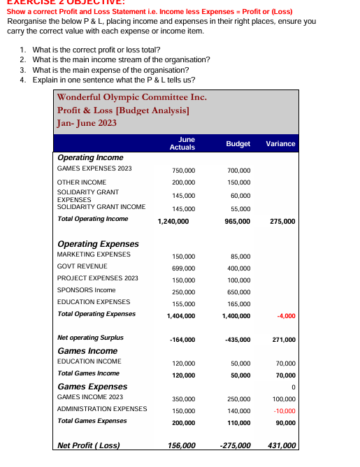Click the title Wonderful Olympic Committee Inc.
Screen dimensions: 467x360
131,97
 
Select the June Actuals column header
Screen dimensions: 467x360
182,143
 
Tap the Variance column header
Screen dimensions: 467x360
280,143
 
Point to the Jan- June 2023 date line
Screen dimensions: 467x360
87,123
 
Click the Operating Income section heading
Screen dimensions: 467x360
90,157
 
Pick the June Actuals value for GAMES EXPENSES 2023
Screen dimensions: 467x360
183,170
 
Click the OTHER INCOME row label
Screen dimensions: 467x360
81,182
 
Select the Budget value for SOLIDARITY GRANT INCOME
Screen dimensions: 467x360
239,208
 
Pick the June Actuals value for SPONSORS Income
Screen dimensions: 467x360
183,292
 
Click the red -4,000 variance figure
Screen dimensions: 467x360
286,316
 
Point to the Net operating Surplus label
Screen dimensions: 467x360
90,338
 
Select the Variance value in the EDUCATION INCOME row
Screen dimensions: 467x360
285,364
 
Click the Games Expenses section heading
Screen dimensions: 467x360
92,386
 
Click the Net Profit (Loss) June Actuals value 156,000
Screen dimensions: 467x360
181,445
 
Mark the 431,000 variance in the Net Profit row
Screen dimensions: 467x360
282,445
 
